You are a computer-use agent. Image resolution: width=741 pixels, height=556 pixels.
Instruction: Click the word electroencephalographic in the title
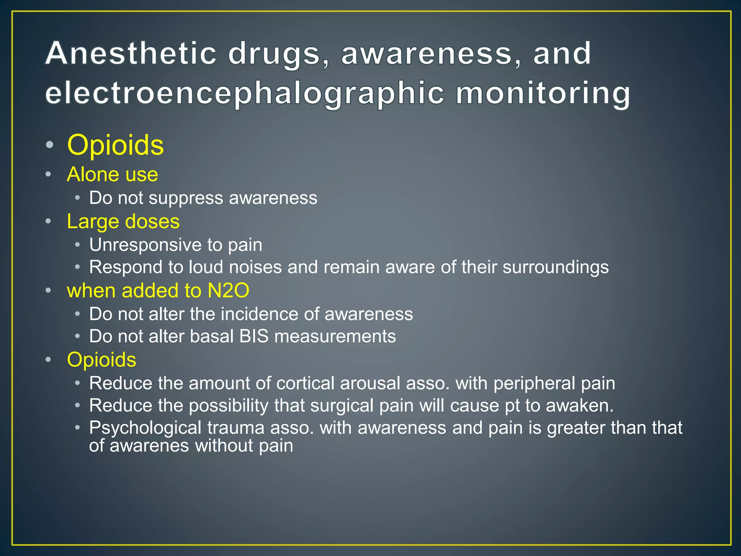(x=245, y=93)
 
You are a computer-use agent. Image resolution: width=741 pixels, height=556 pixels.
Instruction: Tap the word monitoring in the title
(x=543, y=93)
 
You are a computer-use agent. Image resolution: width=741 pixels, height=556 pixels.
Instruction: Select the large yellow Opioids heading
(x=115, y=145)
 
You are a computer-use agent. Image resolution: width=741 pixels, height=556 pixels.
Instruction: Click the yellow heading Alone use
(x=113, y=174)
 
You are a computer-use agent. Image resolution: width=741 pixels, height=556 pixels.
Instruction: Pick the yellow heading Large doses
(x=123, y=221)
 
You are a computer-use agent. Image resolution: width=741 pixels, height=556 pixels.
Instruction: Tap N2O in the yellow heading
(x=228, y=290)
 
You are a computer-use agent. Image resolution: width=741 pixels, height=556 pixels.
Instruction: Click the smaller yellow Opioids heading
(x=102, y=359)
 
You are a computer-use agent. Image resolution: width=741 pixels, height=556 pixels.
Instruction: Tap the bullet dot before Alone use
(x=48, y=175)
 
